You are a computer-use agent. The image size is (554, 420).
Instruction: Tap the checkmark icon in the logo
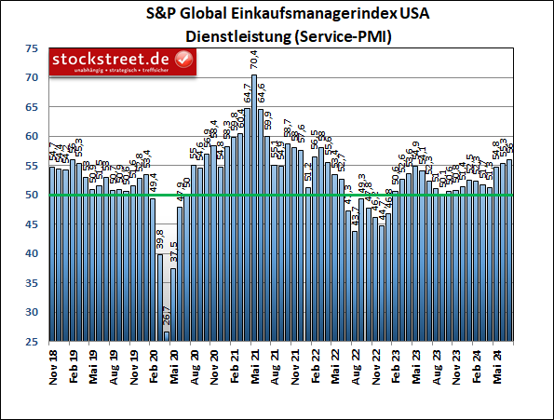click(x=184, y=61)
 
